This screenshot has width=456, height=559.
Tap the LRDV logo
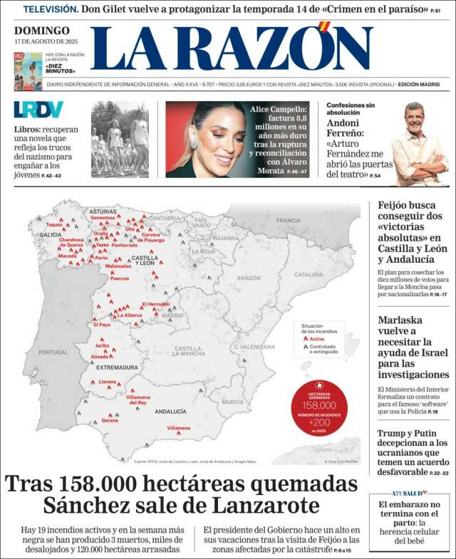38,110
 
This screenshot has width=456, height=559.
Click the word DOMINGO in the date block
42,31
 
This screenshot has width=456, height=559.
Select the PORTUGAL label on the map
53,352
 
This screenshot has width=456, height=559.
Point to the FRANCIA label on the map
288,221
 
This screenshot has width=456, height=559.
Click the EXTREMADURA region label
117,367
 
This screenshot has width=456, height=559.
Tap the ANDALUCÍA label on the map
170,411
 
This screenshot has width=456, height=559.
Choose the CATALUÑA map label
309,274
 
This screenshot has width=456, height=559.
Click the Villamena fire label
179,427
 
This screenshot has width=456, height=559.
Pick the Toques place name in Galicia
54,224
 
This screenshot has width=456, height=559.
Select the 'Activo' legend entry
316,339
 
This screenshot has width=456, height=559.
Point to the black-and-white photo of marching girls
120,140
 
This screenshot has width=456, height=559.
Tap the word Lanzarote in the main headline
265,506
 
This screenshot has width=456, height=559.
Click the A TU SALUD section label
408,492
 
